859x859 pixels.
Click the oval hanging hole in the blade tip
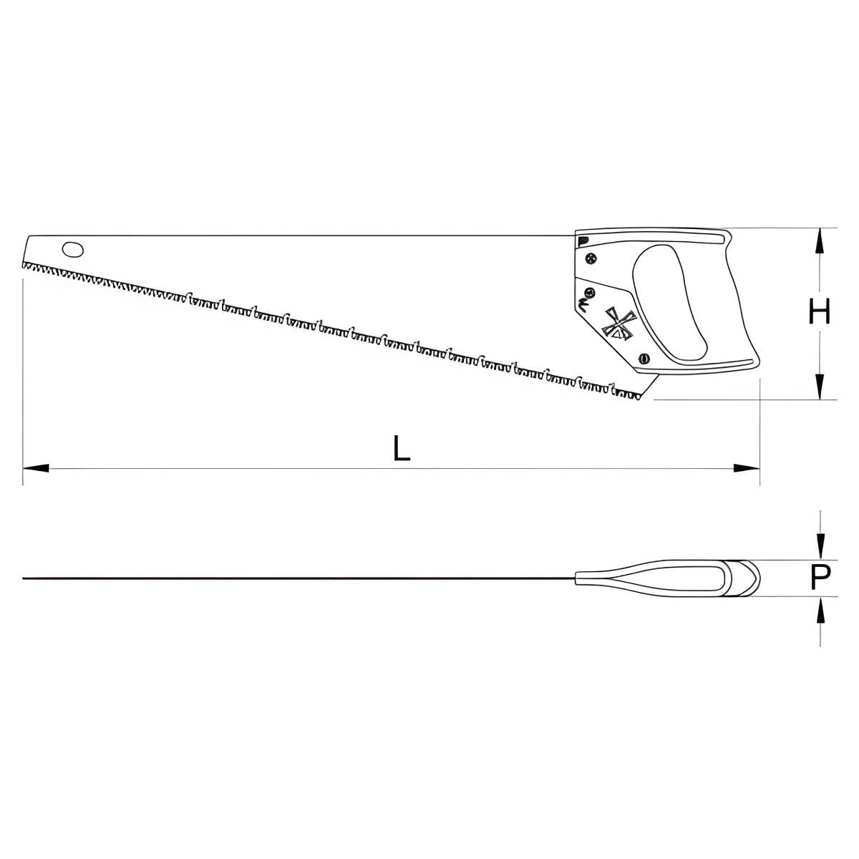point(73,250)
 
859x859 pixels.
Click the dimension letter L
point(401,447)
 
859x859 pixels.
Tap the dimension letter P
point(820,577)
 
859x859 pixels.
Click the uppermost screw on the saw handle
point(591,258)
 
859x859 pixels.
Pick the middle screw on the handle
point(589,293)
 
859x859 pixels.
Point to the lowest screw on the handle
point(644,358)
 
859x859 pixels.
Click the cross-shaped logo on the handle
point(618,323)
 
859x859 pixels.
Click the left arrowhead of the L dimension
point(36,468)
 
